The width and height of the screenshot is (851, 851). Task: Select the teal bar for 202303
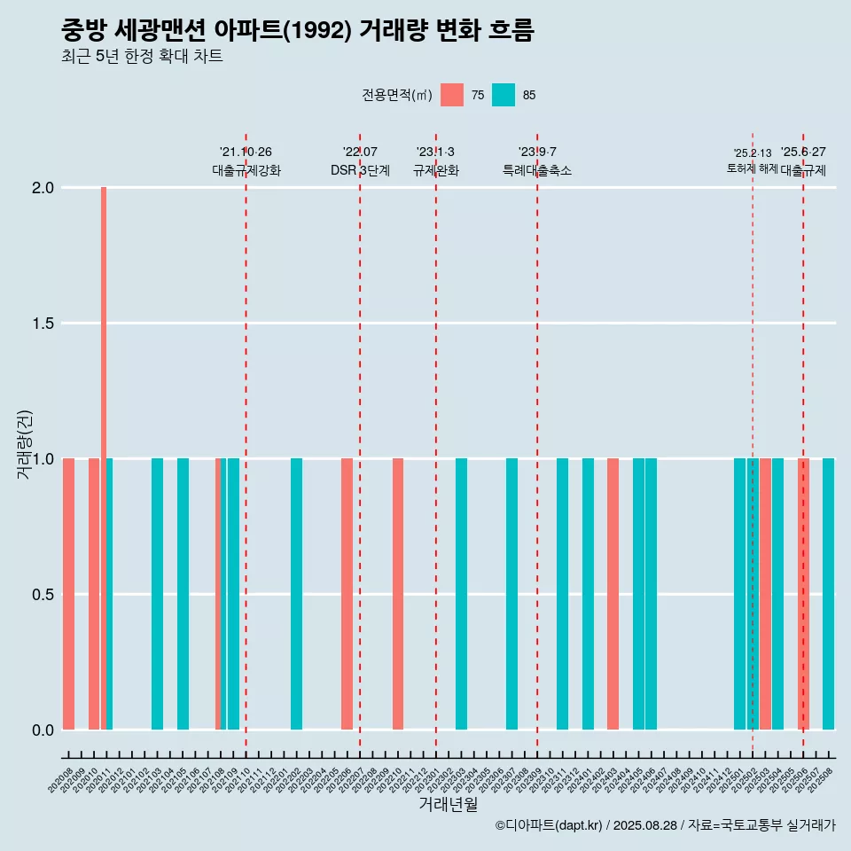click(x=461, y=594)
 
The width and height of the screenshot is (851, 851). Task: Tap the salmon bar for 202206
click(x=347, y=594)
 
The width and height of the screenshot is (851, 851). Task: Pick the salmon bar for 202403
click(x=613, y=594)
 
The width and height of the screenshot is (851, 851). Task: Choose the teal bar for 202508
click(x=828, y=594)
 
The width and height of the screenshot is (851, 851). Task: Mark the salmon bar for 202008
click(x=68, y=594)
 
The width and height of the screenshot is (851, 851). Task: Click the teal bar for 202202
click(x=296, y=594)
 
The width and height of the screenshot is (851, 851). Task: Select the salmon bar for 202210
click(x=398, y=594)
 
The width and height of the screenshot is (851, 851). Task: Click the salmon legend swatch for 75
click(x=452, y=95)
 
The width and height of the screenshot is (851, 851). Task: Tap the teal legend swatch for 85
click(x=504, y=95)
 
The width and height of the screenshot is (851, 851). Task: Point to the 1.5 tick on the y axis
click(x=43, y=324)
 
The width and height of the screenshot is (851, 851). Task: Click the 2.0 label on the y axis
click(x=43, y=188)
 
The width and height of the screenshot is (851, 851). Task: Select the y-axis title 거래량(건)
click(x=25, y=443)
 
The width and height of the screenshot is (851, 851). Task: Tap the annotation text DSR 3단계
click(x=360, y=170)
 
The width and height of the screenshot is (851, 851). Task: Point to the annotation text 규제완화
click(x=436, y=170)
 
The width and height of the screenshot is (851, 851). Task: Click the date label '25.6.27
click(x=803, y=152)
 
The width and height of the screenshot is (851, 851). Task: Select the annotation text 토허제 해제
click(x=752, y=168)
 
